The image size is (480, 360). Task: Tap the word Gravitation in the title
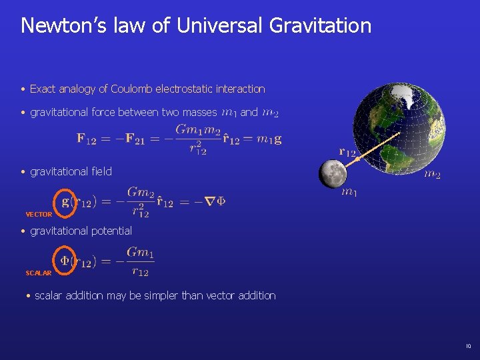pos(321,26)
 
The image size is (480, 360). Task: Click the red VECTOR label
pos(39,215)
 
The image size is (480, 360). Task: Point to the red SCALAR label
pos(38,273)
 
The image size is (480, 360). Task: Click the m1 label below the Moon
pos(349,193)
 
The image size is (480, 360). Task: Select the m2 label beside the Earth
pos(432,175)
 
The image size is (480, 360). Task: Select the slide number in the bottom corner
pos(468,346)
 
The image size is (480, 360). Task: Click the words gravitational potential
pos(81,231)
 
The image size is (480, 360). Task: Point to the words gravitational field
pos(71,171)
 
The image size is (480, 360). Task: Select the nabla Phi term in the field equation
pos(215,201)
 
